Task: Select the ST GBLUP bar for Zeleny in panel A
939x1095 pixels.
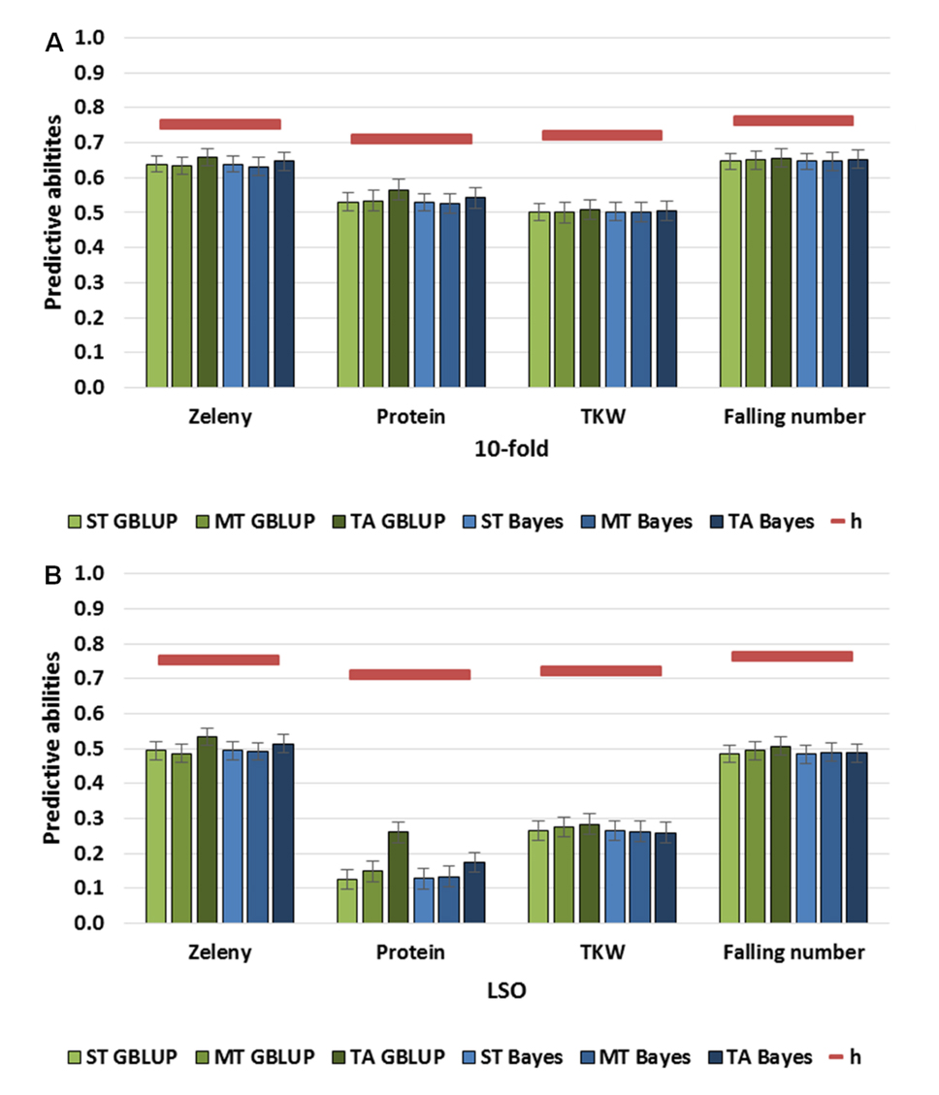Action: pos(157,276)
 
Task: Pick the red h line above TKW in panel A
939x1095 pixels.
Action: pos(601,135)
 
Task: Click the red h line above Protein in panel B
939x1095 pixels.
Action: pos(409,674)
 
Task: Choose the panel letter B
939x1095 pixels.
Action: pos(54,575)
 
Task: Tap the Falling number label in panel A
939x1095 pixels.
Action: pos(794,417)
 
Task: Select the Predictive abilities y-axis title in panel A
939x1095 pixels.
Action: pos(54,213)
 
